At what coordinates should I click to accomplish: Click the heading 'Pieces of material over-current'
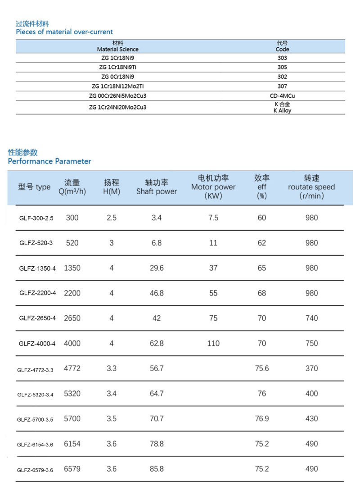click(64, 32)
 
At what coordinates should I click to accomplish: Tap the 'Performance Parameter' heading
click(49, 161)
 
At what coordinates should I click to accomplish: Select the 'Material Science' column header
click(118, 49)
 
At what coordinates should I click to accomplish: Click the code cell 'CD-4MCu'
click(282, 95)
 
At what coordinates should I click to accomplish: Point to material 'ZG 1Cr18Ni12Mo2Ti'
click(118, 86)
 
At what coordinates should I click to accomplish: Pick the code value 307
click(282, 86)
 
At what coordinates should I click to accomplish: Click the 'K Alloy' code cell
click(282, 110)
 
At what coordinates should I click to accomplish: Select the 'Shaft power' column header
click(157, 191)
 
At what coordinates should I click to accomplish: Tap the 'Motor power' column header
click(213, 187)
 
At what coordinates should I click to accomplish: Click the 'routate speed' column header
click(311, 187)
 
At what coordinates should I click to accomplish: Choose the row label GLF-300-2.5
click(36, 218)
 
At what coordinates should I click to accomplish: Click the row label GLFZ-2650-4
click(38, 318)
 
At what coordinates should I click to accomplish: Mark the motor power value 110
click(213, 344)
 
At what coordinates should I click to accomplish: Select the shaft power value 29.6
click(157, 268)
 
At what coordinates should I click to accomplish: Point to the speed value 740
click(311, 318)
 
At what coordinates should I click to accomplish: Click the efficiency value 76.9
click(262, 419)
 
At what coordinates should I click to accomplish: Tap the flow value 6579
click(72, 469)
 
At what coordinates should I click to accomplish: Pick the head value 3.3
click(112, 368)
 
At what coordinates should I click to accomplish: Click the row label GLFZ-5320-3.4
click(36, 394)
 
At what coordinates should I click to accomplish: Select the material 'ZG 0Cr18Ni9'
click(118, 77)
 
